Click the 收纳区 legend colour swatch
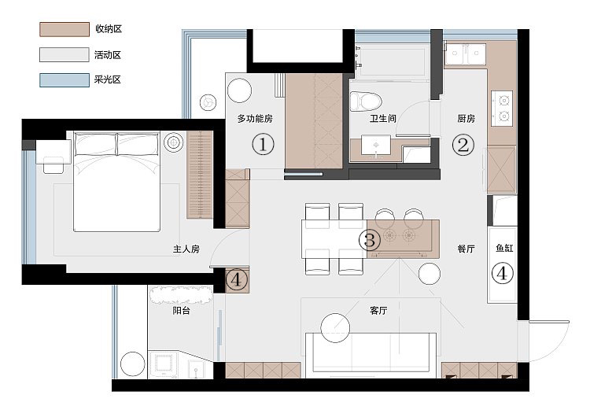65,29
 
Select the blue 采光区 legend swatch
65,80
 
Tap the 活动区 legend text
108,55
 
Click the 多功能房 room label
255,119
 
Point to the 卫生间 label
382,119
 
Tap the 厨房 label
466,119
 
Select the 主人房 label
186,249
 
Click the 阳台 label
181,311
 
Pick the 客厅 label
378,311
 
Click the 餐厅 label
466,249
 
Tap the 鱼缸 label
504,248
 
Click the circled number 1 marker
263,145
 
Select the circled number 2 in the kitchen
463,145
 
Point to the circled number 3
370,240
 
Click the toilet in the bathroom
366,101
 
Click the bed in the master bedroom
116,181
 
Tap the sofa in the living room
371,355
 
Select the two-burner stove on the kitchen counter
502,109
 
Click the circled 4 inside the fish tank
503,274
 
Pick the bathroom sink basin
375,145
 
